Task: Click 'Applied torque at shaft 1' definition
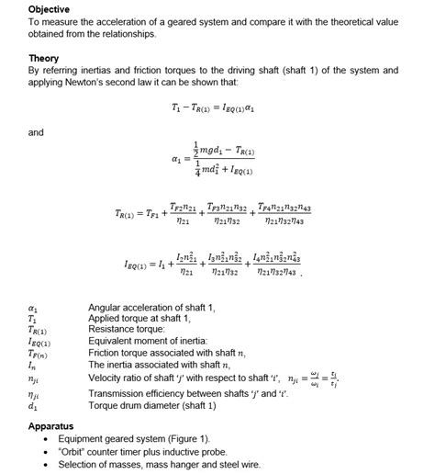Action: coord(139,318)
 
